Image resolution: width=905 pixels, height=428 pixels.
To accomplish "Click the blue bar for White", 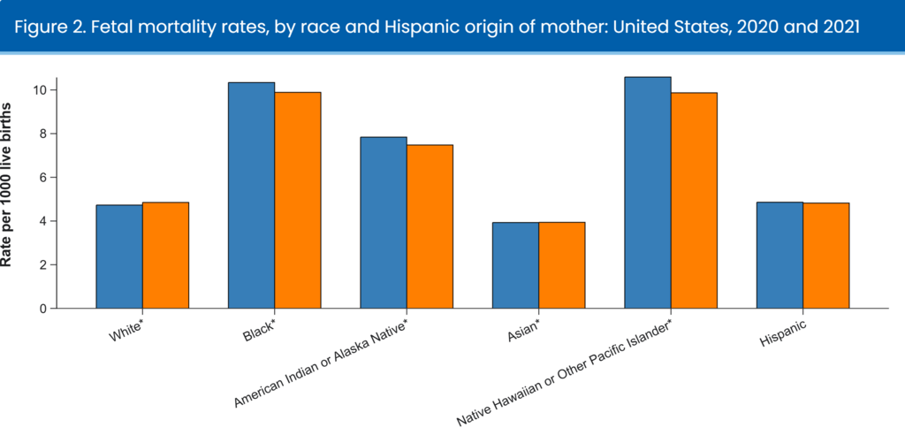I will click(x=119, y=256).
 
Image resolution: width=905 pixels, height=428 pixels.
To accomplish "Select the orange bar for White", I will click(x=165, y=256).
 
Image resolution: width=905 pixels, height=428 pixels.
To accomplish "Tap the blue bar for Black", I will click(x=251, y=195).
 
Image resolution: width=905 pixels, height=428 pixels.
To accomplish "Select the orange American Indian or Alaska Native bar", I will click(x=430, y=226).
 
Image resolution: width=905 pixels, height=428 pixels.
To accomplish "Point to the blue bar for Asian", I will click(x=515, y=265).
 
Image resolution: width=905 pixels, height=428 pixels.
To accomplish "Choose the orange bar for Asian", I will click(x=561, y=265).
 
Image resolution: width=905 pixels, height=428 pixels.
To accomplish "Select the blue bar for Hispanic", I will click(x=780, y=256).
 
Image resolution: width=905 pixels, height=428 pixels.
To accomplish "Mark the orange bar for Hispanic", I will click(x=825, y=256).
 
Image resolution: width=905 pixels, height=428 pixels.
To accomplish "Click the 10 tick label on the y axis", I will click(x=40, y=90).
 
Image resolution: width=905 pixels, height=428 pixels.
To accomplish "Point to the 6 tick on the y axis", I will click(x=42, y=178).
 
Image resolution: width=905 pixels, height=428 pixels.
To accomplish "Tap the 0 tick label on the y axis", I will click(x=42, y=309).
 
